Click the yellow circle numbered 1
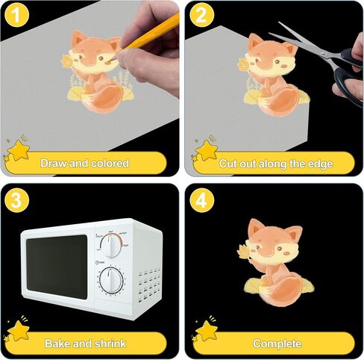pyautogui.click(x=16, y=14)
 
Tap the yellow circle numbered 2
pyautogui.click(x=201, y=14)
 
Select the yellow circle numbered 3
pyautogui.click(x=16, y=200)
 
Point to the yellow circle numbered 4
pyautogui.click(x=201, y=200)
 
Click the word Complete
pyautogui.click(x=277, y=344)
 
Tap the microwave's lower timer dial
pyautogui.click(x=111, y=280)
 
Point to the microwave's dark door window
pyautogui.click(x=57, y=267)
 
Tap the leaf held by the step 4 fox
pyautogui.click(x=243, y=252)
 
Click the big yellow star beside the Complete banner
pyautogui.click(x=206, y=331)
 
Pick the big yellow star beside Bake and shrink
pyautogui.click(x=19, y=331)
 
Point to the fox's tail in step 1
pyautogui.click(x=104, y=99)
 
